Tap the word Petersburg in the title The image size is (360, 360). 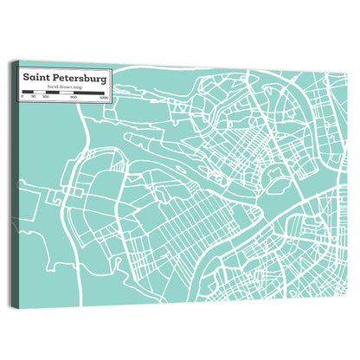[x=80, y=77]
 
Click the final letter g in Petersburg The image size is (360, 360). [x=105, y=78]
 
